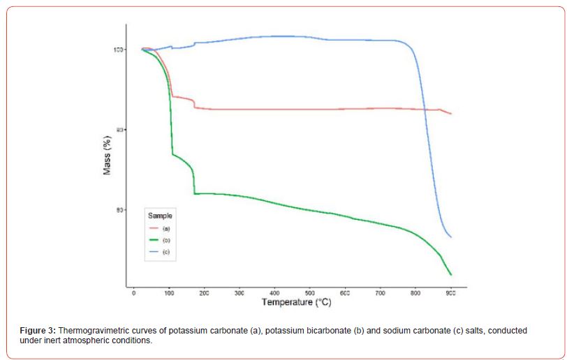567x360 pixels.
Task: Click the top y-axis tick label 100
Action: pos(119,50)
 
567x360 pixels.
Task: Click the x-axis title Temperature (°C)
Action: pos(296,303)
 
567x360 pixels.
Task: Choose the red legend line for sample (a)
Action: pos(154,228)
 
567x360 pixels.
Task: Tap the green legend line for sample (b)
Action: pos(154,239)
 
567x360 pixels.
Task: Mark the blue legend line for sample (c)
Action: pos(154,250)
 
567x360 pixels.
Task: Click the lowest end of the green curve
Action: pos(452,275)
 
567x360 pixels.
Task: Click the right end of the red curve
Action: pos(451,114)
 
